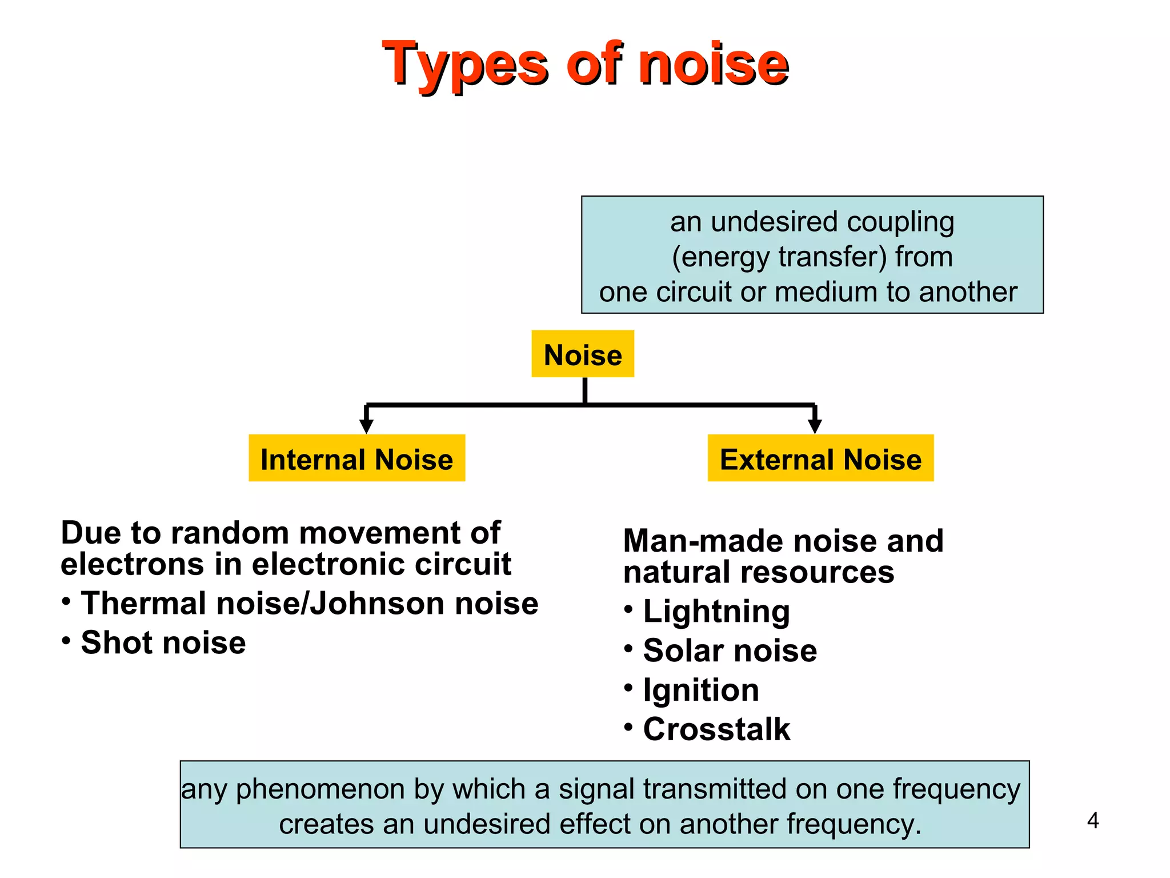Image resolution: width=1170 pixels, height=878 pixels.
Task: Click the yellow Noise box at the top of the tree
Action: coord(583,354)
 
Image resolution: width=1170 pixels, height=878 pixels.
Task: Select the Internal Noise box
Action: coord(356,459)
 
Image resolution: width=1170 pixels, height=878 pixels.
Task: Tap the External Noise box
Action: coord(820,459)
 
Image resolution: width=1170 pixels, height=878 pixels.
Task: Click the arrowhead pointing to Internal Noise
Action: coord(366,426)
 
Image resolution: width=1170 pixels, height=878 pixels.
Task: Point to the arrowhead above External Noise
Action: coord(815,426)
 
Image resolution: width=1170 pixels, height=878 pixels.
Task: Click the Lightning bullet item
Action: coord(716,612)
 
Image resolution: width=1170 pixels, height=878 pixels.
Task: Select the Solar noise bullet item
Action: coord(730,650)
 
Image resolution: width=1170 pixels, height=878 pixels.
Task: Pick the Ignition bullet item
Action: coord(701,690)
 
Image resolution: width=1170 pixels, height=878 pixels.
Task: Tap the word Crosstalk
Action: coord(716,729)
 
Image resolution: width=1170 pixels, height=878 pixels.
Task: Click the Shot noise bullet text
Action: coord(163,642)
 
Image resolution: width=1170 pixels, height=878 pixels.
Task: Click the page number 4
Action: coord(1093,821)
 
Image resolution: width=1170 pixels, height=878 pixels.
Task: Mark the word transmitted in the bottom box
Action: coord(715,790)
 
